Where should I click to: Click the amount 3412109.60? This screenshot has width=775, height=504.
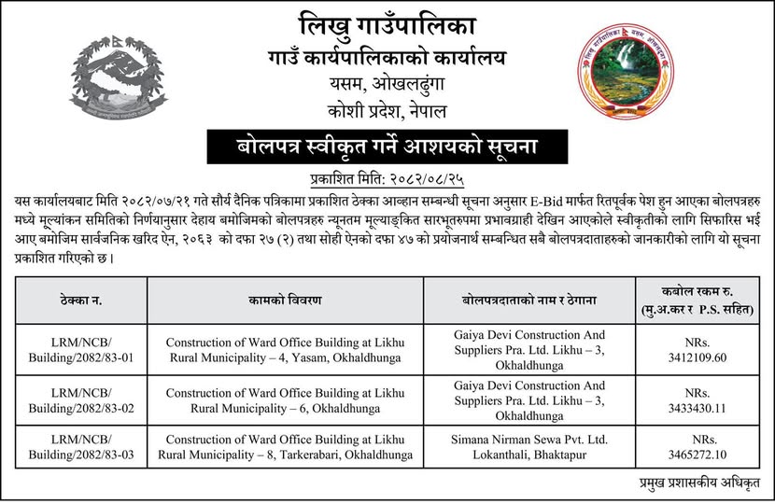tap(700, 357)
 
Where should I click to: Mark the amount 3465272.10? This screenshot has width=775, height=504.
tap(700, 455)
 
